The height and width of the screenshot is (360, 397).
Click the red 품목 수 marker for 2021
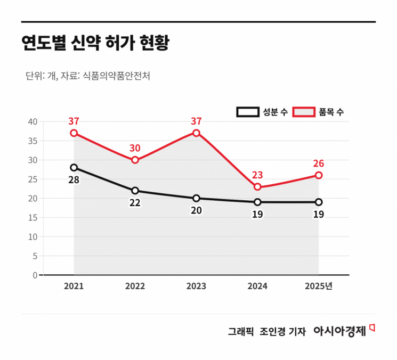click(x=74, y=133)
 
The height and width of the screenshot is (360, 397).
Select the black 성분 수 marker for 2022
click(x=135, y=191)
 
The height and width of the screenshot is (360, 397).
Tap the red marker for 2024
click(x=257, y=187)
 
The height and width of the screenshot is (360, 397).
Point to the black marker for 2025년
click(x=319, y=202)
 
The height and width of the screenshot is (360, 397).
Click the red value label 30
click(x=135, y=148)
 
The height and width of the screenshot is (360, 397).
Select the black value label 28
click(x=74, y=180)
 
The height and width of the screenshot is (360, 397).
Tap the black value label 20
click(x=196, y=210)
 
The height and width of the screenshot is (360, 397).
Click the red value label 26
click(x=319, y=163)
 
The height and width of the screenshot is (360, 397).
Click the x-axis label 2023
click(x=196, y=287)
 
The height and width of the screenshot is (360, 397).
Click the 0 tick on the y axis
click(x=35, y=275)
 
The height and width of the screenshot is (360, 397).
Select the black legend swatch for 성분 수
click(x=247, y=112)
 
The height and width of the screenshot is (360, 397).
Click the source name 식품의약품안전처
click(x=116, y=76)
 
